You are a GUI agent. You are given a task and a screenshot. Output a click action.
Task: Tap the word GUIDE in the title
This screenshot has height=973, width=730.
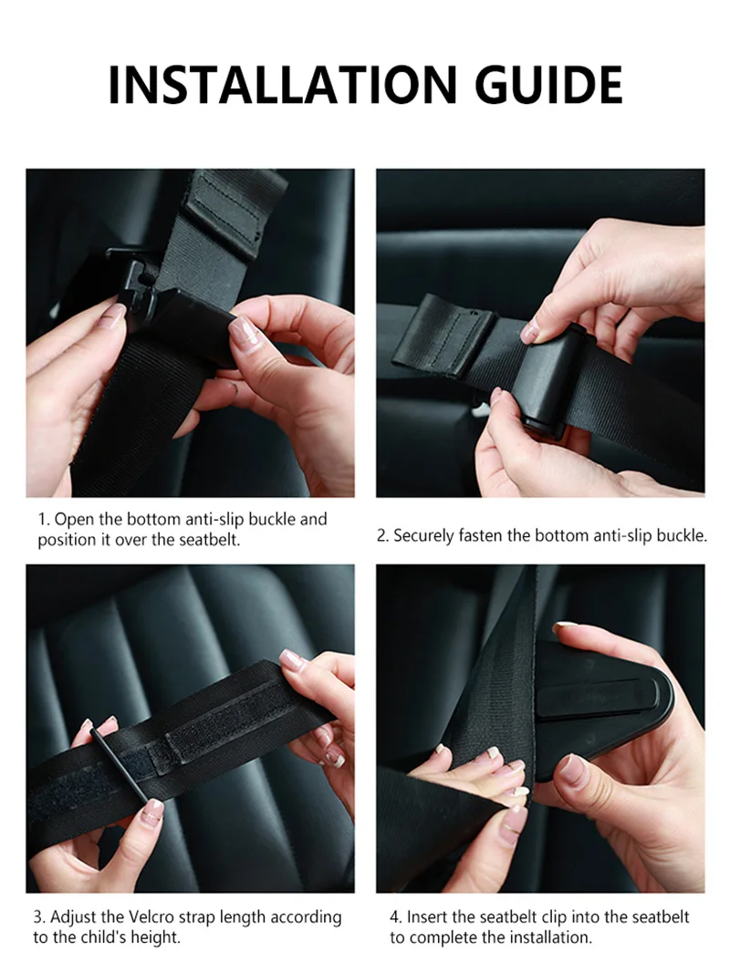coord(549,85)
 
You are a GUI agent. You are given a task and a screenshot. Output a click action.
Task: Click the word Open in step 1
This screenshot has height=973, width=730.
coord(73,520)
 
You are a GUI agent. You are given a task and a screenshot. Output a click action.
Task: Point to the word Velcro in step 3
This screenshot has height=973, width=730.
coord(151,916)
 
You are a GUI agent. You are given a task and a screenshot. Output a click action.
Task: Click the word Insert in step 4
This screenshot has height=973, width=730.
coord(427,916)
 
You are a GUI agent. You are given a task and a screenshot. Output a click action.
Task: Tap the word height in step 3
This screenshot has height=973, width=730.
coord(158,937)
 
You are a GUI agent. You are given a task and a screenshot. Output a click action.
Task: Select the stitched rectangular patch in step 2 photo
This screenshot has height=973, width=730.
coord(442,335)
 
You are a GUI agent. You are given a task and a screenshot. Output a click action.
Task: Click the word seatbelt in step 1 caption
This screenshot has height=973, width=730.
coord(209,540)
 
